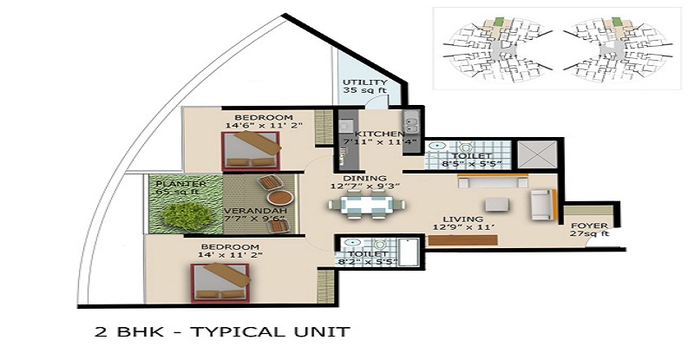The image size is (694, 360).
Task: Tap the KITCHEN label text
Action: coord(379,133)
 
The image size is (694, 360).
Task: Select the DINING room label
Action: coord(357,178)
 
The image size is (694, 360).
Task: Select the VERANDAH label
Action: coord(252,210)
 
